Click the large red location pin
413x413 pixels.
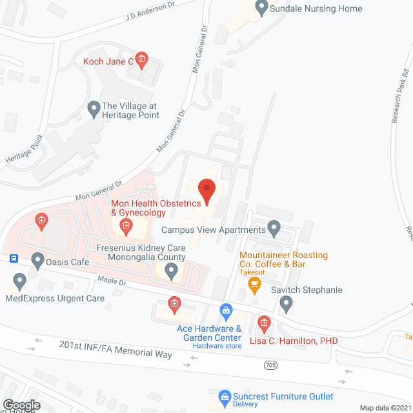click(x=206, y=191)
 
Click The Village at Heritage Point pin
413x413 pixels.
click(x=94, y=110)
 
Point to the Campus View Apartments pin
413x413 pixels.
click(x=274, y=228)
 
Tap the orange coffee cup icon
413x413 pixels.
click(x=255, y=283)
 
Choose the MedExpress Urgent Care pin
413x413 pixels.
click(x=19, y=281)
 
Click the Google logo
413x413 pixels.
click(x=21, y=405)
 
